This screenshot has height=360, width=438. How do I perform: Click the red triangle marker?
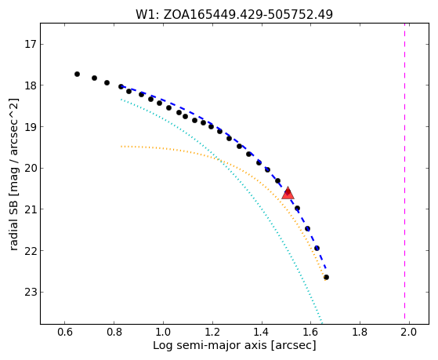click(x=288, y=193)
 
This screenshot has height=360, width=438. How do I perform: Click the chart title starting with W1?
click(x=234, y=15)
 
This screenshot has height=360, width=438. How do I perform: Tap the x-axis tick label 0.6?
click(x=64, y=333)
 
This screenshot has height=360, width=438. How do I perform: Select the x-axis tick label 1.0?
click(x=163, y=333)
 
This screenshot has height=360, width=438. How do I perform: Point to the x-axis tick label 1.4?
click(x=262, y=333)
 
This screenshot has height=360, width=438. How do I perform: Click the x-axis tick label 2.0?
click(x=409, y=333)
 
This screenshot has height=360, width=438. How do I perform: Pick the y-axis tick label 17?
click(x=31, y=44)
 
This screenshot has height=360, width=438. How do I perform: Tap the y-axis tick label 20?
click(x=31, y=168)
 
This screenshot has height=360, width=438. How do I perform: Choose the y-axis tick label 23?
click(x=31, y=292)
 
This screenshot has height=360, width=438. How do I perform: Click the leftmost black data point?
click(x=77, y=75)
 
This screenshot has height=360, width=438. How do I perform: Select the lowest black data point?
click(x=326, y=277)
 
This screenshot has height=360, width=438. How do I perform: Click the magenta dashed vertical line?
click(x=404, y=173)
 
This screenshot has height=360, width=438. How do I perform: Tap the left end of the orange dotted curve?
click(x=121, y=147)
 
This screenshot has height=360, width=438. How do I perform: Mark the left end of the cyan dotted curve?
click(x=121, y=100)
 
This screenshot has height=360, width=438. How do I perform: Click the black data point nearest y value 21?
click(x=297, y=208)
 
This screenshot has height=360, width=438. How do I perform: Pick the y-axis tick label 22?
click(x=31, y=251)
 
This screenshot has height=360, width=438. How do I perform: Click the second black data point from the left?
click(x=94, y=78)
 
